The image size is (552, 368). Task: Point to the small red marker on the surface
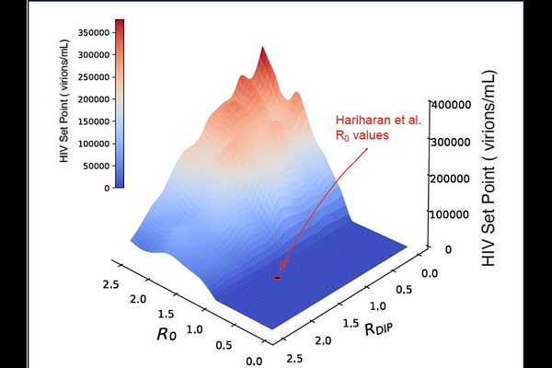278,277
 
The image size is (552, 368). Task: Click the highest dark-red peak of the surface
262,51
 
